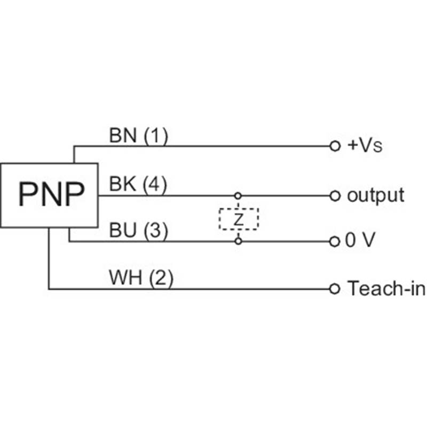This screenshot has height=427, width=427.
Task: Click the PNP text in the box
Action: click(x=51, y=194)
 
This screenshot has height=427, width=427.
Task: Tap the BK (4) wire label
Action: click(x=138, y=185)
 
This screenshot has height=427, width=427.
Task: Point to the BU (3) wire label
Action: click(x=138, y=231)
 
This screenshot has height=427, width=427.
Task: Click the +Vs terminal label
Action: click(x=365, y=145)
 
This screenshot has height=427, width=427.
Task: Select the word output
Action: click(x=375, y=195)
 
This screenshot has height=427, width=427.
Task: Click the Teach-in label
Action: click(x=386, y=289)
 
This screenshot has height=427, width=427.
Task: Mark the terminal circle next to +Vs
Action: click(x=335, y=146)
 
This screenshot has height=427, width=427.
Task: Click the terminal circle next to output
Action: click(x=335, y=196)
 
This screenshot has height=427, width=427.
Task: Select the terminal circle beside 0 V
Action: click(x=335, y=242)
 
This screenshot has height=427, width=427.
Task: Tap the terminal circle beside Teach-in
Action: click(x=335, y=289)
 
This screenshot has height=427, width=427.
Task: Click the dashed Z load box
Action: click(x=239, y=219)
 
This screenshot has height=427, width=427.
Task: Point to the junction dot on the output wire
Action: click(x=239, y=196)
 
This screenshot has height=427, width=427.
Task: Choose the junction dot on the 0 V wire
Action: click(x=239, y=242)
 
